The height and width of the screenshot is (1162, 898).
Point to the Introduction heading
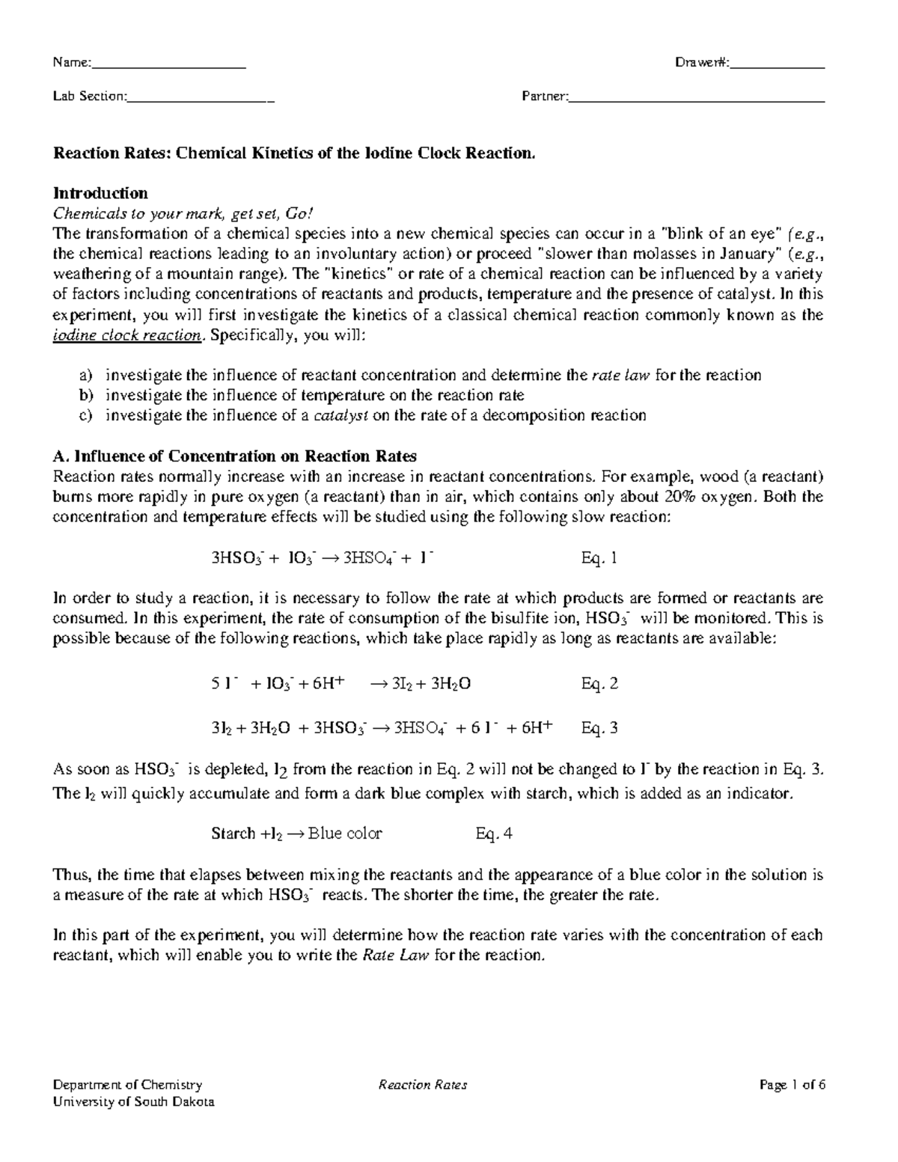pyautogui.click(x=100, y=194)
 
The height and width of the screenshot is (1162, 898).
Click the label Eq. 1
pyautogui.click(x=599, y=557)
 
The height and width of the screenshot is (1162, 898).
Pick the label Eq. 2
pyautogui.click(x=599, y=683)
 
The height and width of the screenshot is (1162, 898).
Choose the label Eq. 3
pyautogui.click(x=599, y=727)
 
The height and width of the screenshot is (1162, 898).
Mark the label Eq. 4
pyautogui.click(x=494, y=834)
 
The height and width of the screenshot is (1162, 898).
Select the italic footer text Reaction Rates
pyautogui.click(x=423, y=1085)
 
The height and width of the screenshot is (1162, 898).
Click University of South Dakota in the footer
pyautogui.click(x=132, y=1102)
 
